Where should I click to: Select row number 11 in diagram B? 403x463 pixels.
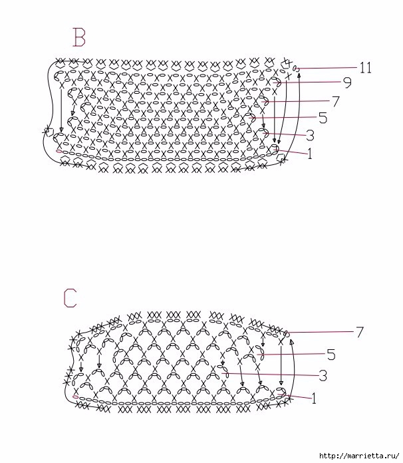(365, 68)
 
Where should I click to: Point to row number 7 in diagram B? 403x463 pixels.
(335, 101)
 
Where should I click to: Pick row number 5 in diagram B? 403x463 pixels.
(323, 118)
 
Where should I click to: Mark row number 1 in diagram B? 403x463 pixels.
(310, 154)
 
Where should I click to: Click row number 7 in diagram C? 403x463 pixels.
(360, 331)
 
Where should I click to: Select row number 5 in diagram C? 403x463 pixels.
(331, 353)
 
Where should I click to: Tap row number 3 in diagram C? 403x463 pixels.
(323, 376)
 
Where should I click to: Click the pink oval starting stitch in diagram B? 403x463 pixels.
(59, 152)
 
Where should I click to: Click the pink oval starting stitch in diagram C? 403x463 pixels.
(76, 396)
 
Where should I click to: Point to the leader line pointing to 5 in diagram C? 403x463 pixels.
(296, 354)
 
